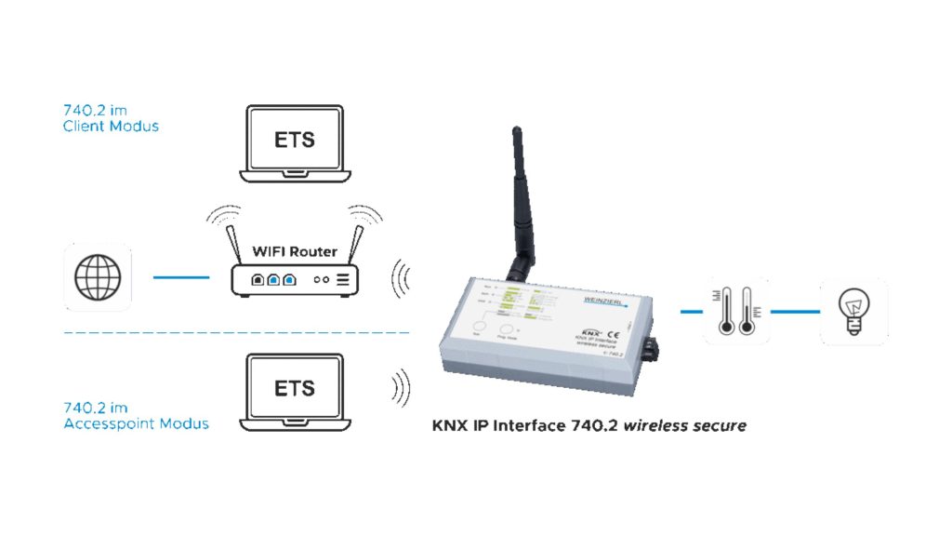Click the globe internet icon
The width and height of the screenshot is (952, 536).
click(x=98, y=276)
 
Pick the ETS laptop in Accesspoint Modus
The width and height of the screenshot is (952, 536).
click(x=295, y=390)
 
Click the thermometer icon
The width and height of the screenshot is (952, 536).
click(x=736, y=311)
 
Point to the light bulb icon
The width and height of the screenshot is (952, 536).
click(x=853, y=311)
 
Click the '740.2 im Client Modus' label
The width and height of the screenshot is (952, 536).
click(x=111, y=117)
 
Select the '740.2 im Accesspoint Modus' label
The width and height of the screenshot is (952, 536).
click(x=136, y=415)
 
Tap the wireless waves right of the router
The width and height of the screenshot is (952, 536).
click(x=401, y=276)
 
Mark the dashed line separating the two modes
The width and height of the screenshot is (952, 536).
click(x=237, y=332)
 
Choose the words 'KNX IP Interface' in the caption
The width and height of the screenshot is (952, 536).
click(x=497, y=426)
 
